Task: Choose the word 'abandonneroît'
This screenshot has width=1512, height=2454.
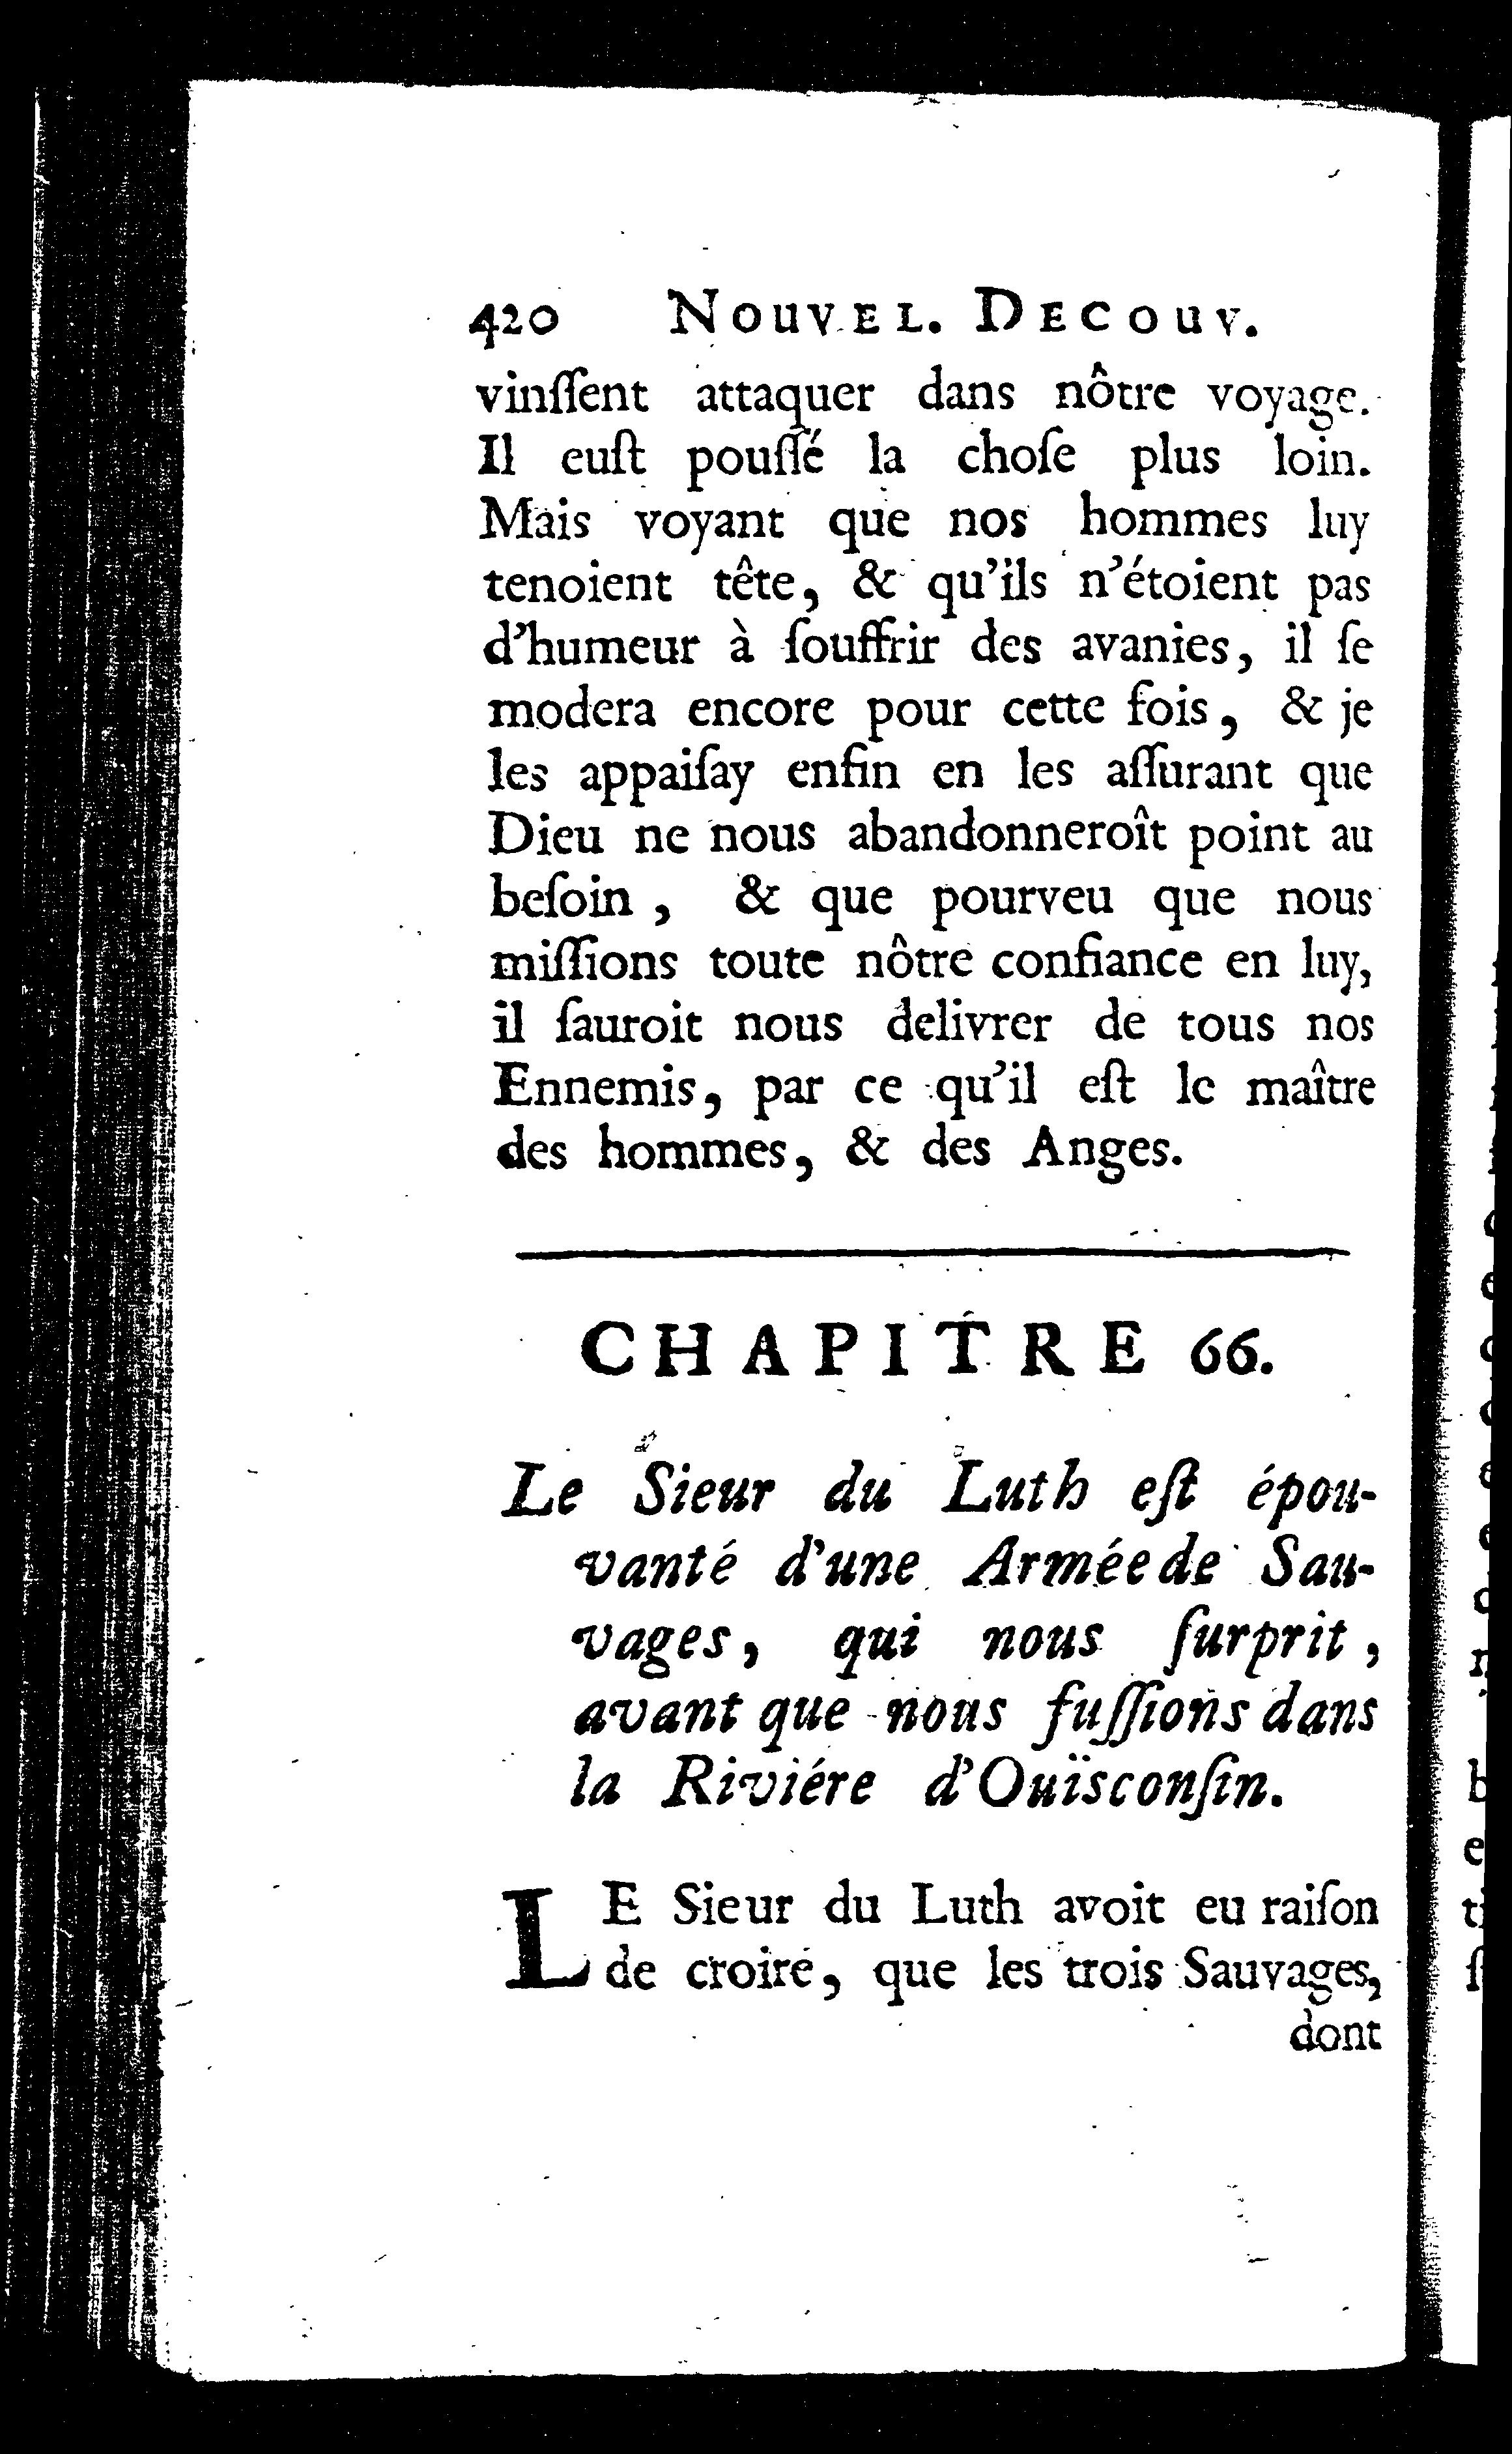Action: point(1006,834)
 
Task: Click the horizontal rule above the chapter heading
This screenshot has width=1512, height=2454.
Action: point(931,1252)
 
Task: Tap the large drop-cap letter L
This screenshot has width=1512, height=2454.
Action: point(548,1937)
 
